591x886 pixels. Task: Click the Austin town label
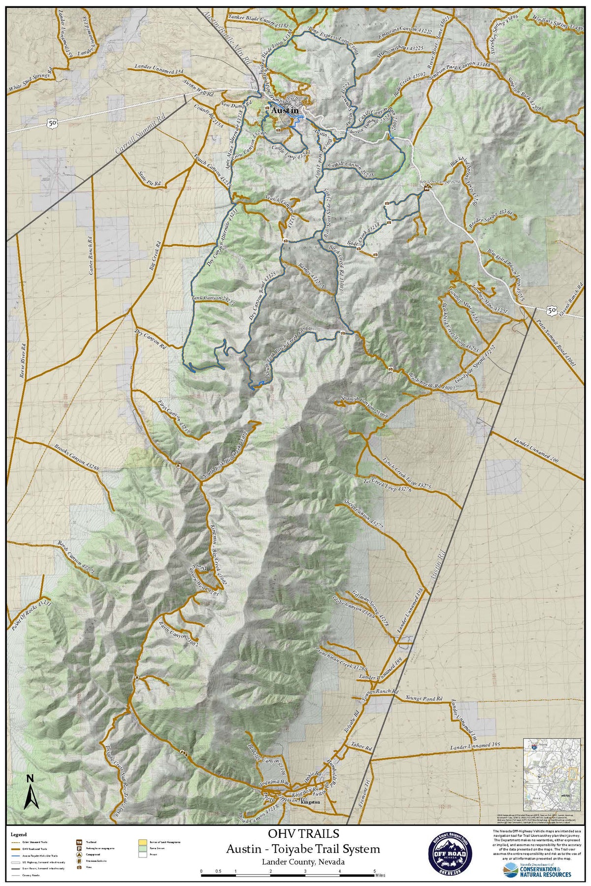click(284, 110)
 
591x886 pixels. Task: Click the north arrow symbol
click(31, 792)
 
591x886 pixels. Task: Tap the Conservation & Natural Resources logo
click(537, 870)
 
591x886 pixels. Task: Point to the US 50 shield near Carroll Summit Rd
click(52, 123)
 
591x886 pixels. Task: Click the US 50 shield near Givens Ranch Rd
click(551, 310)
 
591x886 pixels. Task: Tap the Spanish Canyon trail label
click(364, 407)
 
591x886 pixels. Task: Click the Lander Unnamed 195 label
click(475, 746)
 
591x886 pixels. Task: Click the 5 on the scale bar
click(375, 871)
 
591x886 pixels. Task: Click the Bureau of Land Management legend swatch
click(142, 843)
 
